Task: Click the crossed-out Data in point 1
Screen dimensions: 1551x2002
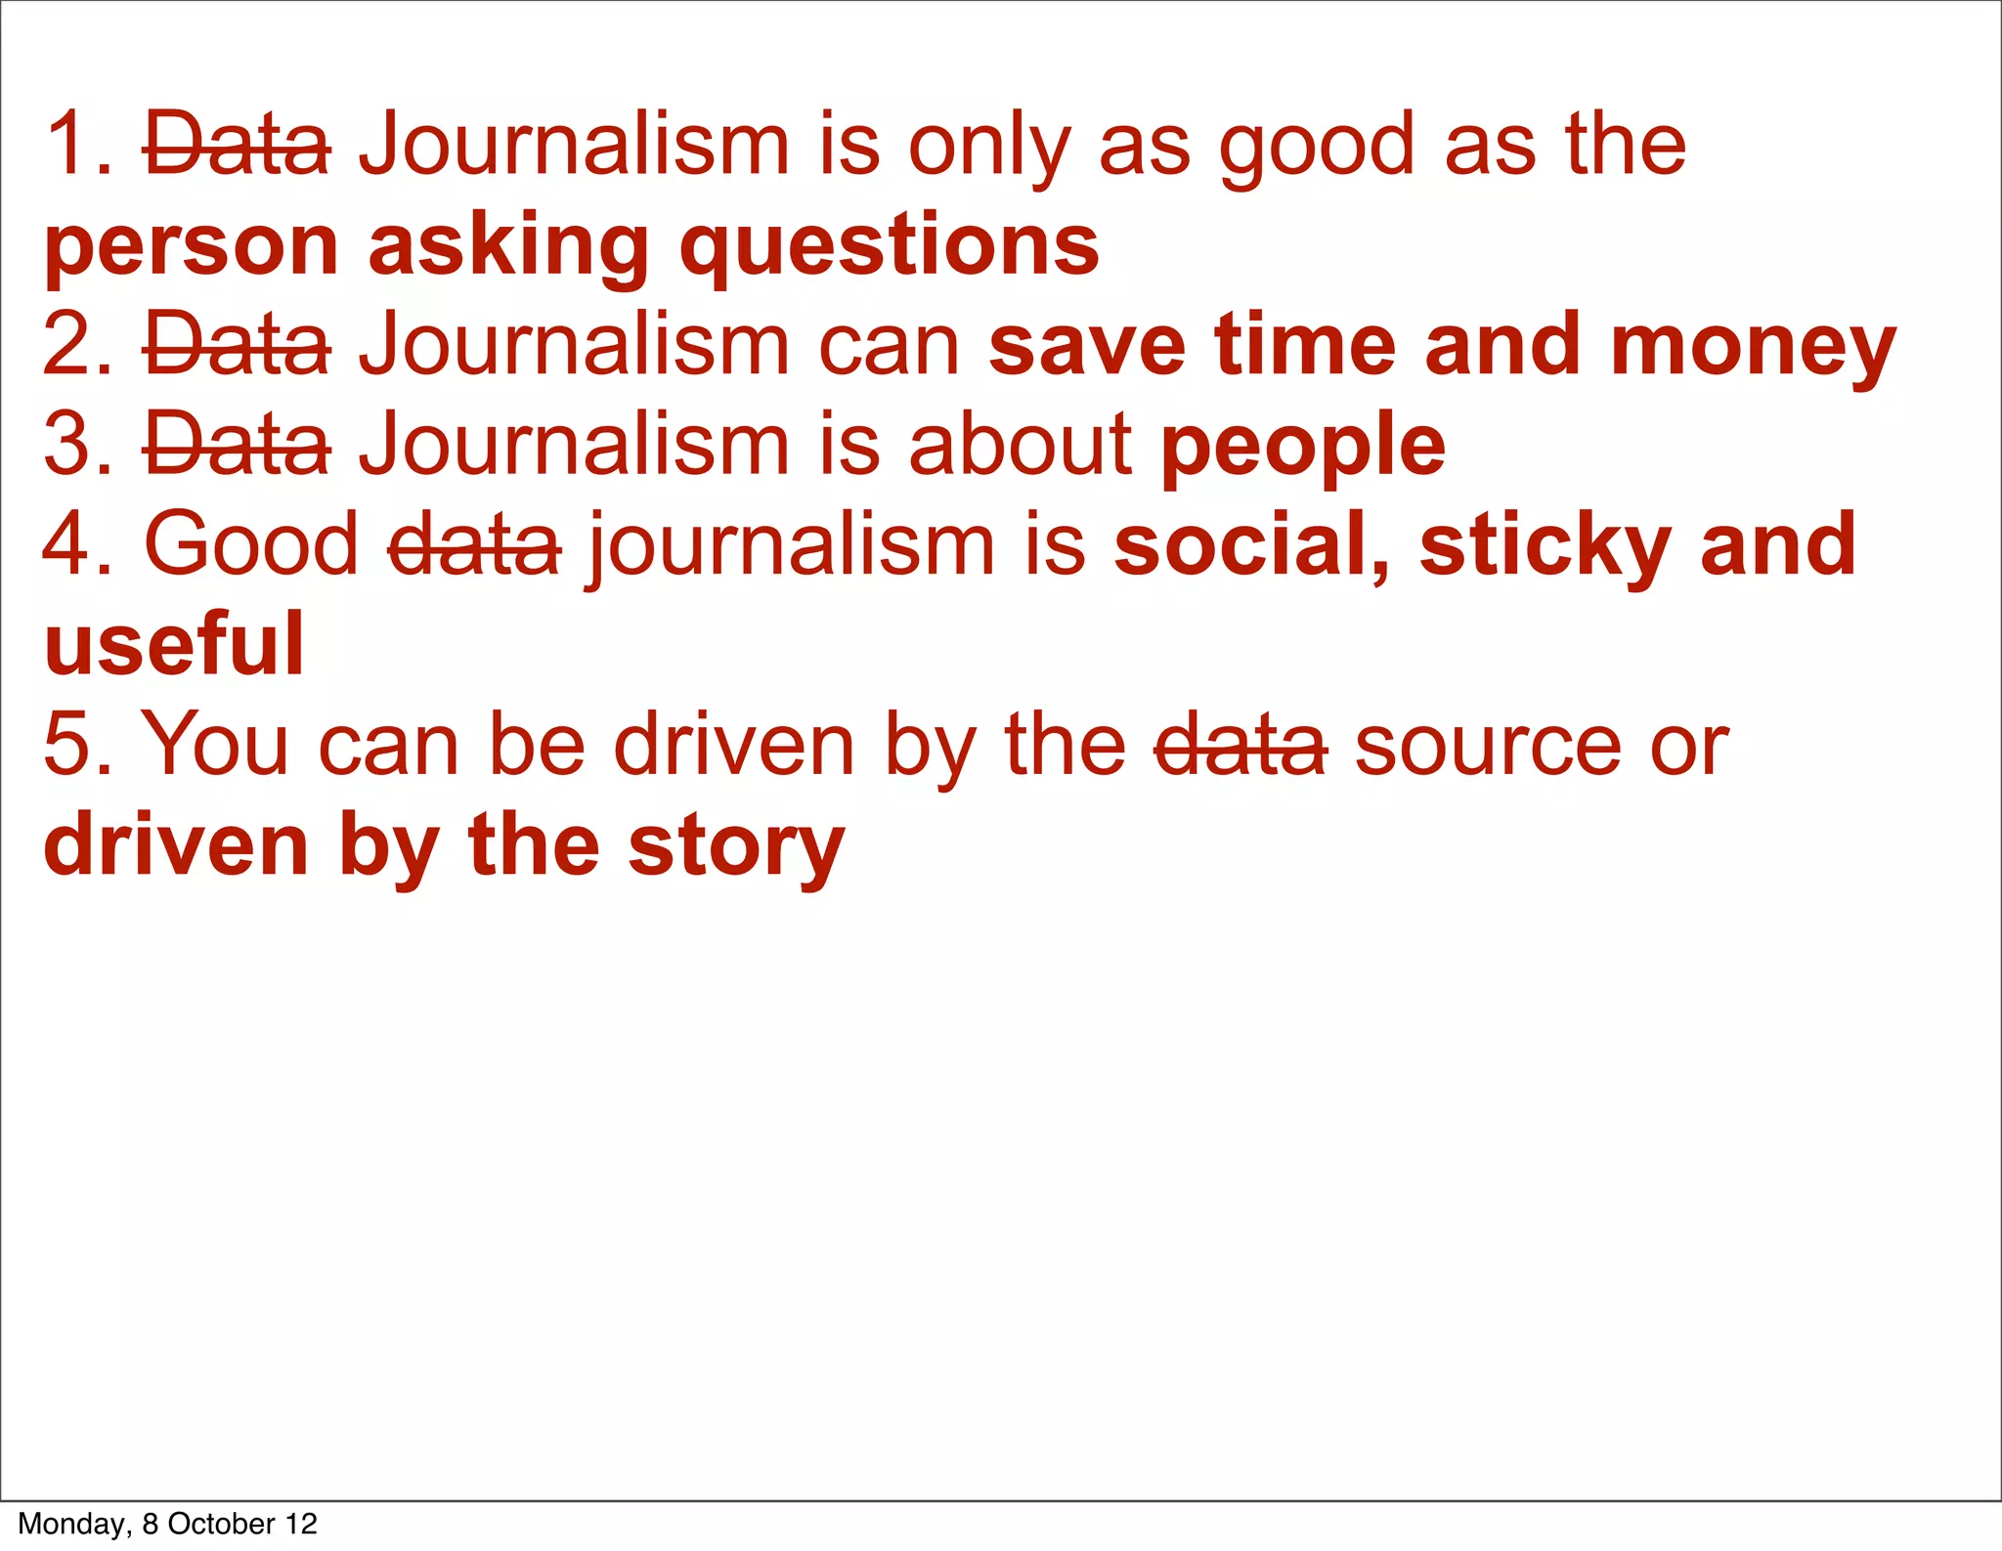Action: click(238, 147)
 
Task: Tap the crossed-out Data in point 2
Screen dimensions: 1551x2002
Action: click(238, 346)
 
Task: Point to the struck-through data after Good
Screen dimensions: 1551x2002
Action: click(474, 546)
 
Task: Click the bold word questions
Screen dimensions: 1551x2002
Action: click(890, 248)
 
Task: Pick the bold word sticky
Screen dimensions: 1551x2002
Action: click(1545, 547)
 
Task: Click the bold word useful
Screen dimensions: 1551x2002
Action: click(175, 646)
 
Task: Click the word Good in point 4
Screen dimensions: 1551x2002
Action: click(251, 546)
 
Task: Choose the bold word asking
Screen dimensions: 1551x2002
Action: click(508, 248)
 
